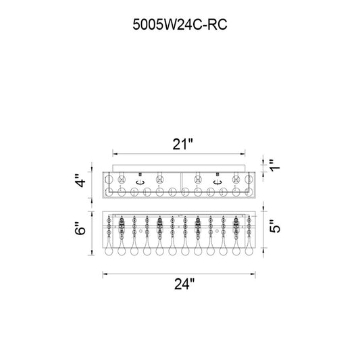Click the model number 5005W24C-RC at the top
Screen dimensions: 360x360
180,24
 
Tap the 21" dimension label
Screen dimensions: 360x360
183,144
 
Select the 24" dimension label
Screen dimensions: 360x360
184,284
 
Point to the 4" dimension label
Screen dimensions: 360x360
81,180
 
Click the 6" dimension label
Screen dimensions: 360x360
80,228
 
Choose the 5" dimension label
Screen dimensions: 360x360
275,226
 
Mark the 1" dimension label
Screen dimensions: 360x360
275,165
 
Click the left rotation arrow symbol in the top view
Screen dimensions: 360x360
140,182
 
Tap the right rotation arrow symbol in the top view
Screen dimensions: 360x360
217,182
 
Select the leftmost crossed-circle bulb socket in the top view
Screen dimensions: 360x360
122,180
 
